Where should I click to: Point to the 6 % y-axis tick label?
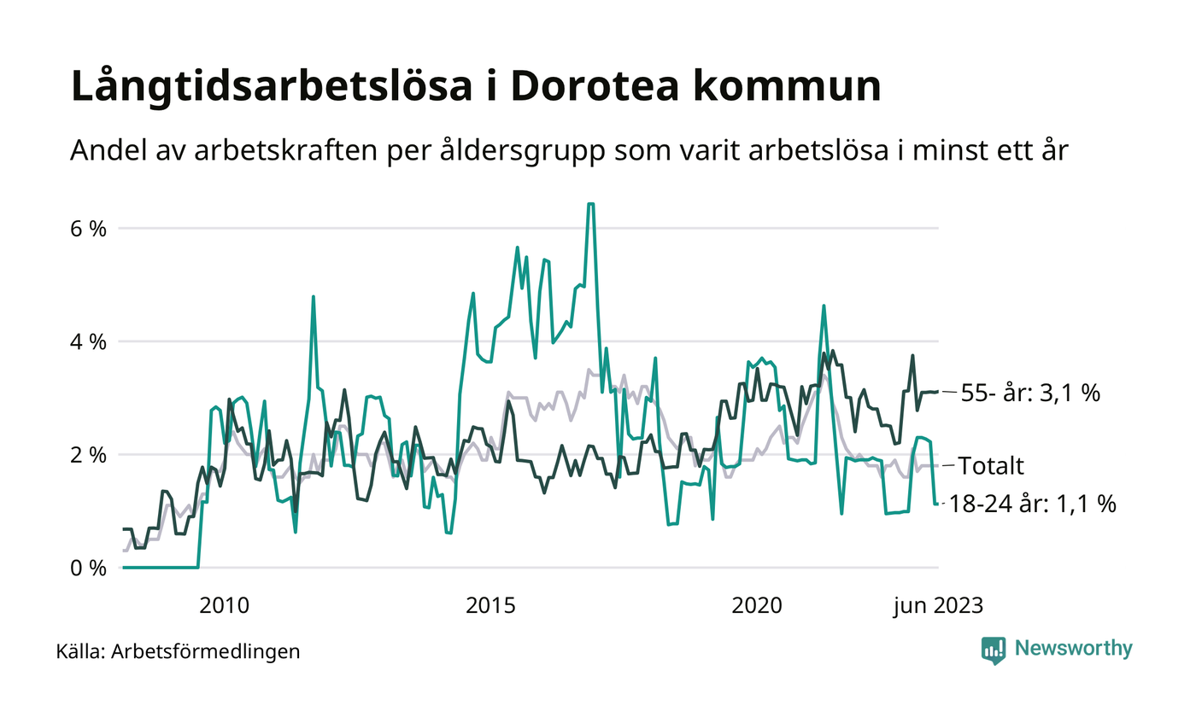coord(89,229)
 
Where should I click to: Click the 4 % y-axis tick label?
coord(89,341)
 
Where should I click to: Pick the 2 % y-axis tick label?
coord(89,455)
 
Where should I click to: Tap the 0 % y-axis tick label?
coord(89,568)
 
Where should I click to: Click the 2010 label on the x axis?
coord(224,606)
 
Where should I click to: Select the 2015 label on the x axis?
coord(490,606)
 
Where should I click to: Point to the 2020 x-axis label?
coord(757,606)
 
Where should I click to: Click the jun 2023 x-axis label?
coord(938,606)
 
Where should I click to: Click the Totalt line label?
coord(991,466)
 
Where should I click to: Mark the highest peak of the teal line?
coord(590,204)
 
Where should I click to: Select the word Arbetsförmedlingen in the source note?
coord(206,652)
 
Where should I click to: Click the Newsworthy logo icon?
coord(994,650)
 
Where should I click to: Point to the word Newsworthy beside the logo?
coord(1073,649)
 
